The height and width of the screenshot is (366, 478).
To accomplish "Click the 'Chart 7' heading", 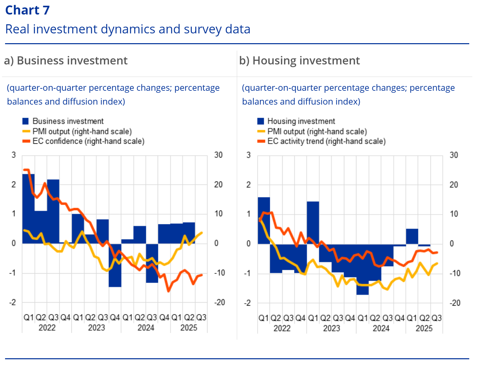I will (x=28, y=10).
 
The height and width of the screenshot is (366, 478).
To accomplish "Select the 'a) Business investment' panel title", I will (x=66, y=61).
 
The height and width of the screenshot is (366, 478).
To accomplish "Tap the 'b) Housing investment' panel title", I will (x=299, y=61).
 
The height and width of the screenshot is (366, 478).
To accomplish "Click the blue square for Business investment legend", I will (x=26, y=121).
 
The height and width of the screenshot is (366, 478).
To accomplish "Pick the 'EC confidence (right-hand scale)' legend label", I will (x=88, y=141).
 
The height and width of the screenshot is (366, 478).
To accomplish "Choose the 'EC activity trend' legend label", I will (x=326, y=141).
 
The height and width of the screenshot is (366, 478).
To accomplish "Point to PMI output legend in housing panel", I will (x=317, y=131).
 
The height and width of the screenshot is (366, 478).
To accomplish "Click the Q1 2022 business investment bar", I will (x=28, y=208).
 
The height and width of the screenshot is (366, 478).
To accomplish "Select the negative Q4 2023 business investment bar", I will (x=115, y=265).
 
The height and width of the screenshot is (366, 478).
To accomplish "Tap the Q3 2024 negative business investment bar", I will (x=152, y=263).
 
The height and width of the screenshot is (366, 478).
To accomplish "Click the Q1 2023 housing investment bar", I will (x=313, y=223).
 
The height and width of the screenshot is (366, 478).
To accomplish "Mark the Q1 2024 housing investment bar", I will (x=362, y=269).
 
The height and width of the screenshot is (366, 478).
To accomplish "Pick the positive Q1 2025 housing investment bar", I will (x=412, y=236).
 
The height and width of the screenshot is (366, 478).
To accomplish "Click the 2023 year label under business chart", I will (x=96, y=328).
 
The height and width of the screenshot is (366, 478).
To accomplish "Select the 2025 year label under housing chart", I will (x=424, y=328).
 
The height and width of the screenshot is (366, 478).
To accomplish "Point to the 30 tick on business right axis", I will (x=218, y=155).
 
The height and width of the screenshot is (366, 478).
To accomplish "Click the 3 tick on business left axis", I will (x=14, y=155).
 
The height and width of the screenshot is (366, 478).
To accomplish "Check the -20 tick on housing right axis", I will (x=455, y=303).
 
